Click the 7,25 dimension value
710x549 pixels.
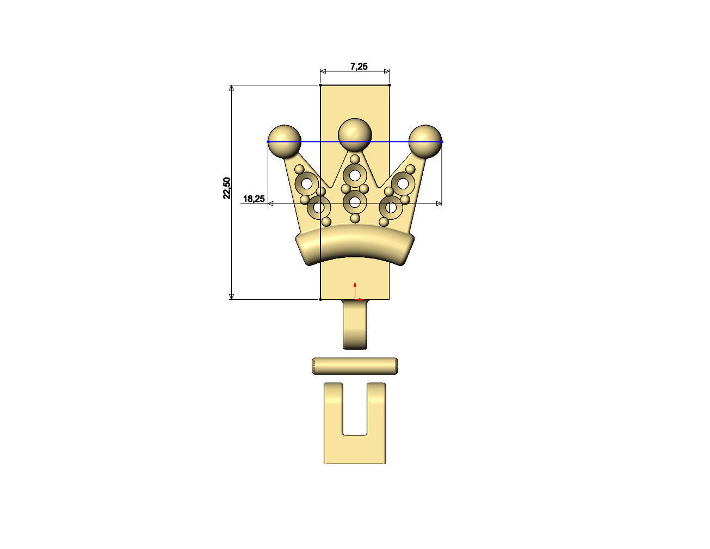359,66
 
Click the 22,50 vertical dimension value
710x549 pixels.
227,188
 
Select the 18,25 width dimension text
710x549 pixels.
254,199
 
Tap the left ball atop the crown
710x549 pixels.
285,140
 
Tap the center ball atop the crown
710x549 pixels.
355,132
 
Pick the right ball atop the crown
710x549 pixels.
425,140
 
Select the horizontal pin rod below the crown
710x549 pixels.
355,366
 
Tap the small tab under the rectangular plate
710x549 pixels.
355,325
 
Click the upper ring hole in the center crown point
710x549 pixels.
355,175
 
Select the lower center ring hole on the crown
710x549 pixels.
355,202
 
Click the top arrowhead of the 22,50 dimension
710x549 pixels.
232,89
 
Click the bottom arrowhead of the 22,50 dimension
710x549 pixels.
232,296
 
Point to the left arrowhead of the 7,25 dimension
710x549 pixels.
323,71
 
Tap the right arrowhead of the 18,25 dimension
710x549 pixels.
439,203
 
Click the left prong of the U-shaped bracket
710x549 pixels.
334,408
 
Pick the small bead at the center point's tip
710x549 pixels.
355,159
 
